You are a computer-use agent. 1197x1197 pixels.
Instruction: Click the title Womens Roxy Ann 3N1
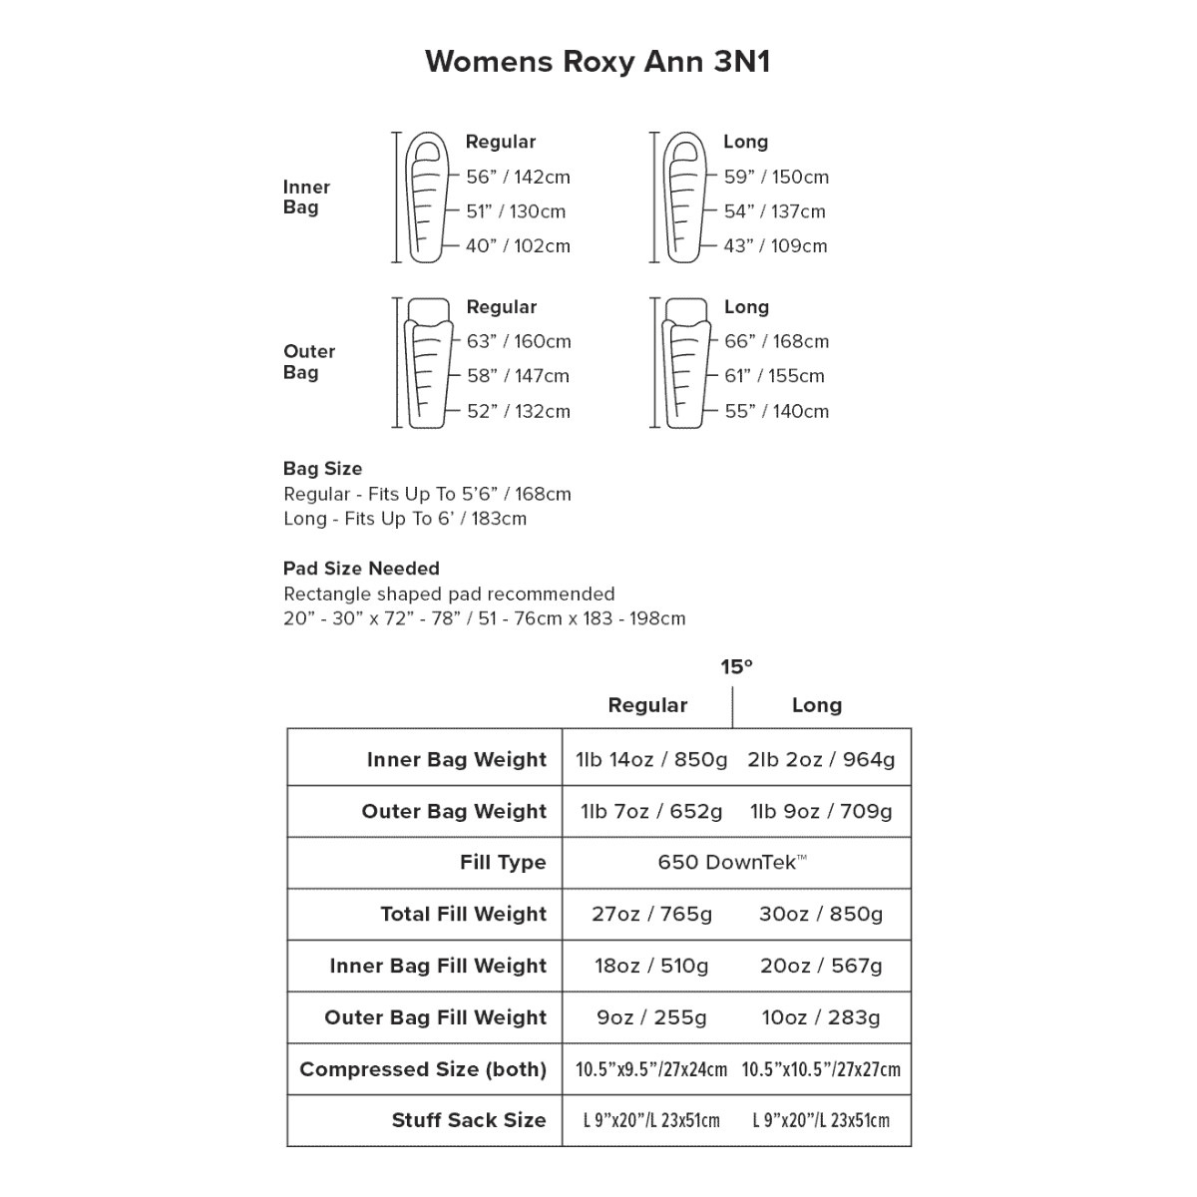coord(598,62)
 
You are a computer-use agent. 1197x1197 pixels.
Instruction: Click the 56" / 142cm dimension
coord(518,178)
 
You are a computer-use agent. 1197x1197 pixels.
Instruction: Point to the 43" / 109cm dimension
coord(775,246)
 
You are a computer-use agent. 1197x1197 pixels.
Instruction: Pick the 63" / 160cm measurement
coord(519,342)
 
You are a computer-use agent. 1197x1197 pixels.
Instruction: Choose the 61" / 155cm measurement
coord(774,376)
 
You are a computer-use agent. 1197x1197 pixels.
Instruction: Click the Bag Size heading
coord(322,469)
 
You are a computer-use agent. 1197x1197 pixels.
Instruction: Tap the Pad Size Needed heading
coord(361,569)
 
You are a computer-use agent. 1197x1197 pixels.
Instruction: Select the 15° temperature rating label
coord(736,667)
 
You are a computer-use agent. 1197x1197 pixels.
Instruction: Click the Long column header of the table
coord(816,705)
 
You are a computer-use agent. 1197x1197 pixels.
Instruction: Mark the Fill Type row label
coord(503,863)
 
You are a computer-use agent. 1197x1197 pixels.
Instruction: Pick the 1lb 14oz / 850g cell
coord(651,760)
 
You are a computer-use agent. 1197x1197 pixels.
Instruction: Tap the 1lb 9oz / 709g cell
coord(821,812)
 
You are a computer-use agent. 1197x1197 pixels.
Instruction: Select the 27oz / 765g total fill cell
coord(651,915)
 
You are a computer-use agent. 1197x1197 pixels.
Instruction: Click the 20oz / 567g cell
coord(821,967)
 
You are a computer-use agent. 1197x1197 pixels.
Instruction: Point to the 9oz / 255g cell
coord(651,1018)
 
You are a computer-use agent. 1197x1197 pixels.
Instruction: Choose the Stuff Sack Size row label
coord(469,1120)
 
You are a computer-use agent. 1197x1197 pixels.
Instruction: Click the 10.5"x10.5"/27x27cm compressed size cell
coord(821,1070)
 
